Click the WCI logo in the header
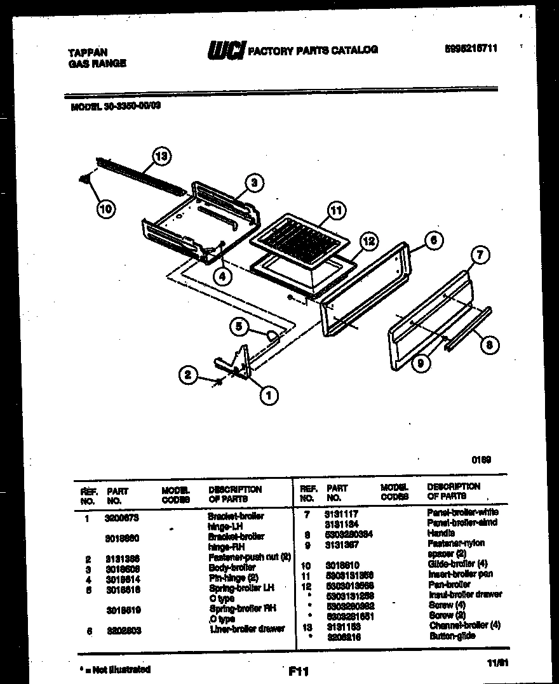click(226, 50)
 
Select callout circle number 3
click(253, 184)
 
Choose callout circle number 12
click(368, 241)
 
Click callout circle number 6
click(433, 239)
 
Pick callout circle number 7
click(480, 255)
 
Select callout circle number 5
click(239, 326)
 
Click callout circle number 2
click(187, 375)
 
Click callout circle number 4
click(222, 276)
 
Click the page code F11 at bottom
click(298, 670)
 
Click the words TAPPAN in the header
click(88, 53)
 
